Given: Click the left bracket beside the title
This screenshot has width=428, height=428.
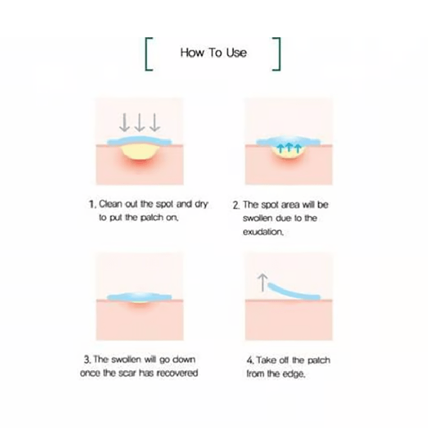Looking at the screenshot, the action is click(146, 54).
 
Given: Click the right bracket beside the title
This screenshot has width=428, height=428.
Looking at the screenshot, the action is click(279, 54).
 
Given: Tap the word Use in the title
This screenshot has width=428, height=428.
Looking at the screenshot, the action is click(237, 52).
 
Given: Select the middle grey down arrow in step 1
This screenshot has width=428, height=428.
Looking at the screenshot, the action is click(140, 122).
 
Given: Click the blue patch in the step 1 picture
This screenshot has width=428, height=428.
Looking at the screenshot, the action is click(139, 141).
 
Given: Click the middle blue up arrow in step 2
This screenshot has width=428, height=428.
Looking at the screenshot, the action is click(289, 148).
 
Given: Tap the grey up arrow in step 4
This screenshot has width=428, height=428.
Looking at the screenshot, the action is click(262, 283).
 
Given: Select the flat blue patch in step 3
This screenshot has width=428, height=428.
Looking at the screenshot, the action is click(139, 296).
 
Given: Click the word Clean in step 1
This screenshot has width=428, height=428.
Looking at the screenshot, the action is click(110, 204).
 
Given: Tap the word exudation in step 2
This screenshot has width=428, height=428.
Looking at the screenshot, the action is click(263, 232).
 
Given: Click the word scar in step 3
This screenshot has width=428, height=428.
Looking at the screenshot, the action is click(127, 373).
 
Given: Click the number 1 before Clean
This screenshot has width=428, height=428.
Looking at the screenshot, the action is click(93, 204).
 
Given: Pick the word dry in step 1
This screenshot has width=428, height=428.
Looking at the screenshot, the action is click(201, 205).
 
